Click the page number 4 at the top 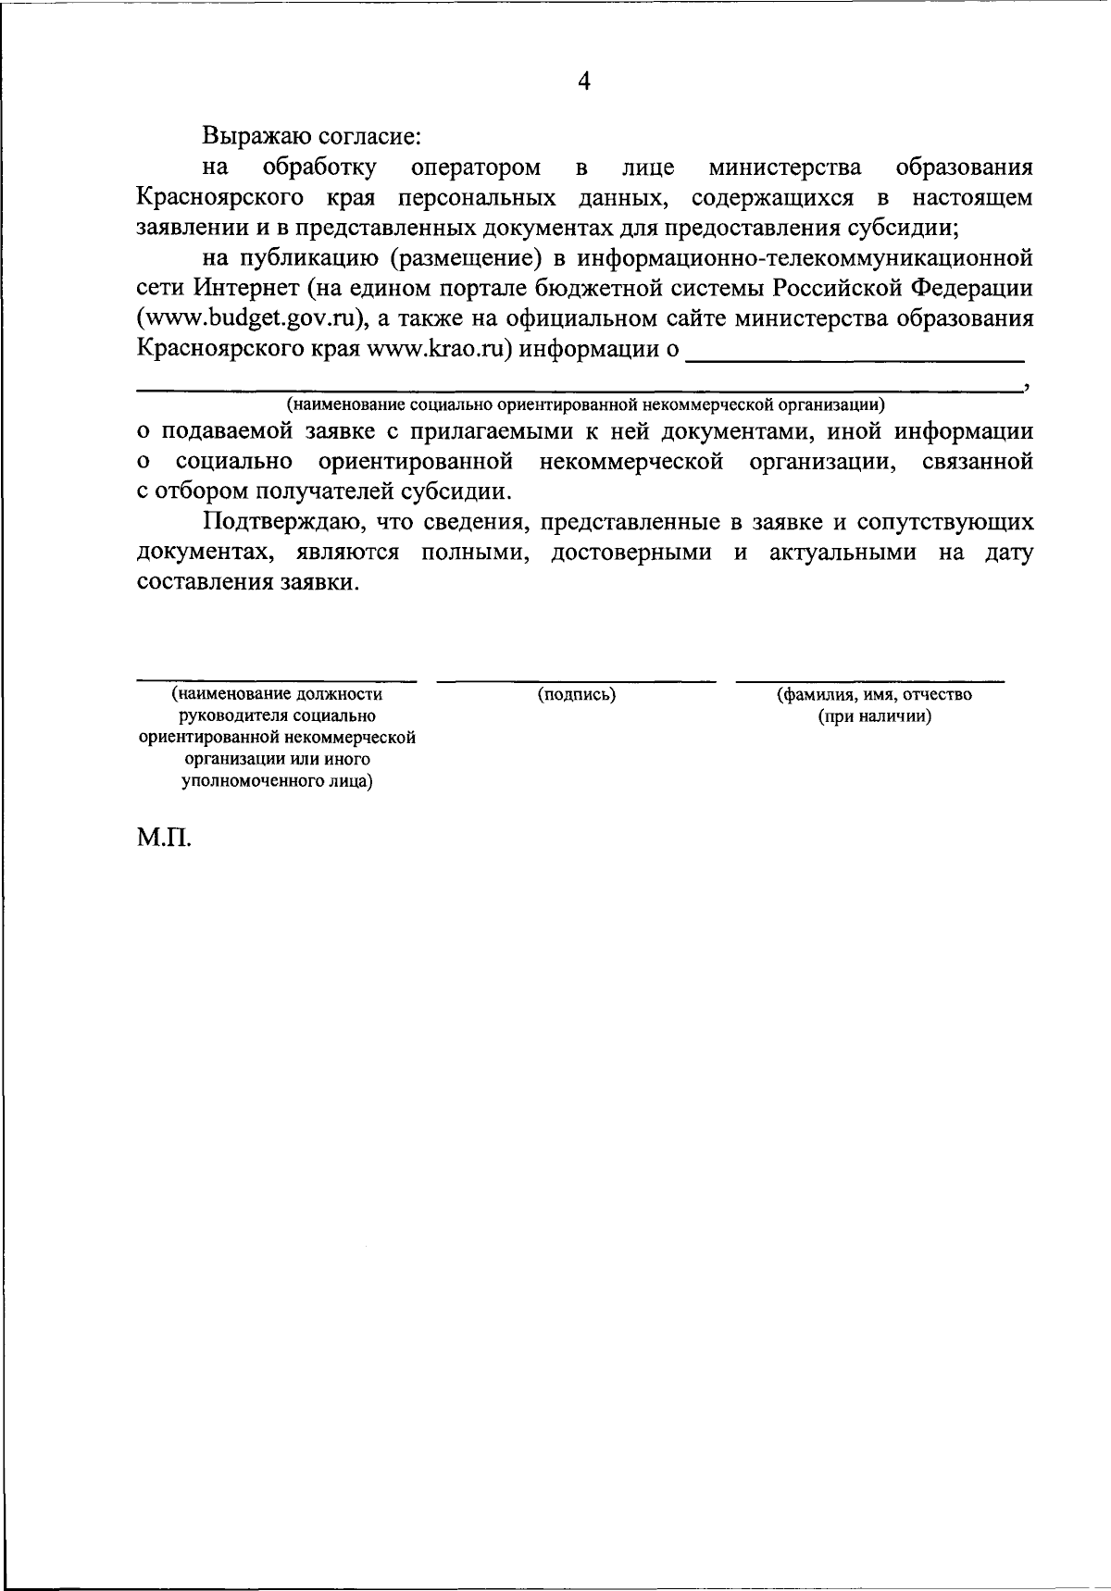pyautogui.click(x=583, y=81)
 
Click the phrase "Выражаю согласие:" pyautogui.click(x=313, y=136)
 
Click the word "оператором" pyautogui.click(x=475, y=168)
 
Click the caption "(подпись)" pyautogui.click(x=577, y=694)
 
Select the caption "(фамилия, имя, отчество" pyautogui.click(x=874, y=694)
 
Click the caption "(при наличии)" pyautogui.click(x=874, y=716)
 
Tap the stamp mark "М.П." pyautogui.click(x=164, y=840)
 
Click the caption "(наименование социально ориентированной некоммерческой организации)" pyautogui.click(x=584, y=404)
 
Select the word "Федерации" pyautogui.click(x=971, y=288)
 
